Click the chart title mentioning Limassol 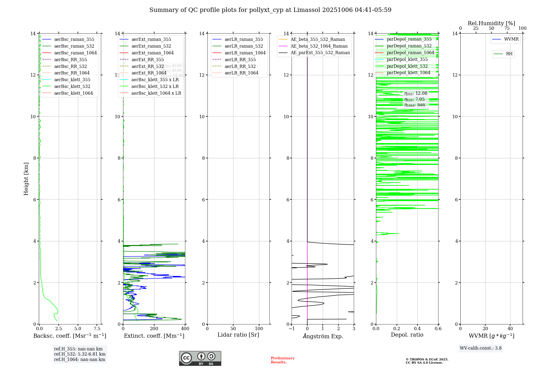(270, 10)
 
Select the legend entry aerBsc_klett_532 (72, 87)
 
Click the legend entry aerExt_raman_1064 (153, 53)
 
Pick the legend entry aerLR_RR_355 (240, 60)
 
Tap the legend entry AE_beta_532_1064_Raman (319, 46)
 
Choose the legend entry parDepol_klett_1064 (408, 73)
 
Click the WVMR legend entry (511, 40)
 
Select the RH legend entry (509, 54)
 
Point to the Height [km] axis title (26, 179)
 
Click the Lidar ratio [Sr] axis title (238, 335)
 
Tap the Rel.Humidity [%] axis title (491, 24)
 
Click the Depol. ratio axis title (407, 335)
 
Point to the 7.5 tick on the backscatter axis (97, 329)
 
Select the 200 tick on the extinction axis (154, 329)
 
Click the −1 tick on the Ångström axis (292, 329)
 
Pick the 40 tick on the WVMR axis (510, 329)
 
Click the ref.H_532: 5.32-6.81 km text (80, 354)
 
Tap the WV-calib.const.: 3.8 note (480, 348)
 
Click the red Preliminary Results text (282, 360)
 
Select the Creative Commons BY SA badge (200, 359)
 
